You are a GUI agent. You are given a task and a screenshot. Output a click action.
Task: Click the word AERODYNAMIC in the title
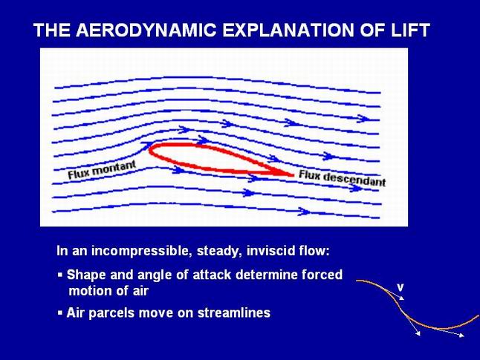[146, 30]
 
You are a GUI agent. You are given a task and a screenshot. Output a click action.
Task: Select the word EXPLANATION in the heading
[289, 30]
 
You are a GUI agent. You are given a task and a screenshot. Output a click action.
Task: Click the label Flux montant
[101, 170]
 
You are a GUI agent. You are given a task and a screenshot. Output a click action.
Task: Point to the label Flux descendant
[342, 179]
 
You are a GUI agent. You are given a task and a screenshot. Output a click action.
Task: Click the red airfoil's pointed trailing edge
[293, 175]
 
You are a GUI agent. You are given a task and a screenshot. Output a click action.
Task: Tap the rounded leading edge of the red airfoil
[150, 149]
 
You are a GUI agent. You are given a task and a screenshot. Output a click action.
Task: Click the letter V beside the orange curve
[400, 287]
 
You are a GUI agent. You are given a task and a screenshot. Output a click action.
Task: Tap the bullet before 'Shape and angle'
[60, 275]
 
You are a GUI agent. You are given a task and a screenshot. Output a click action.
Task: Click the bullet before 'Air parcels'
[60, 313]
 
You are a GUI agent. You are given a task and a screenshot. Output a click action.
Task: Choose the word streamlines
[234, 313]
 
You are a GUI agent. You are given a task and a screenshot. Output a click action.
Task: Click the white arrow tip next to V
[403, 299]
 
